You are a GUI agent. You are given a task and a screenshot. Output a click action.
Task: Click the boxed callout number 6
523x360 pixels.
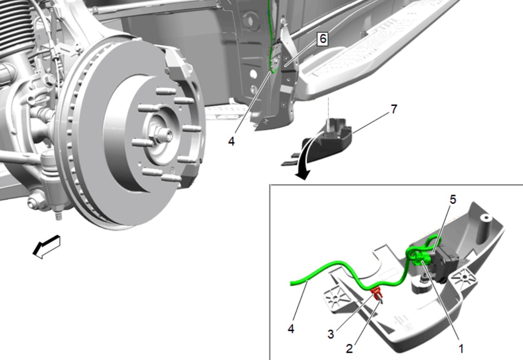323,39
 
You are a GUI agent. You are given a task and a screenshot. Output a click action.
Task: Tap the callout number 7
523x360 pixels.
394,109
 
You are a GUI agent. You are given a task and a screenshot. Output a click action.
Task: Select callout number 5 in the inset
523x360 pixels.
452,199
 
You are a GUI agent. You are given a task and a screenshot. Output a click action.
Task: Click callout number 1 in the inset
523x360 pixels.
461,349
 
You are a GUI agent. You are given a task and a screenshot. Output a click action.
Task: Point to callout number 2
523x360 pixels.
349,349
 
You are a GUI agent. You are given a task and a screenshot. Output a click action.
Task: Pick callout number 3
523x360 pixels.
331,334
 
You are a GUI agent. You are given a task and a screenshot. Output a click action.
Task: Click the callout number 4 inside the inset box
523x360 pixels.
291,329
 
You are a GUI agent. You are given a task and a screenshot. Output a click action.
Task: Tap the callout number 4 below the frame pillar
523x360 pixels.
231,141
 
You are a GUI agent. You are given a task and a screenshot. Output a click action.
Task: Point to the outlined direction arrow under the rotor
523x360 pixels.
47,247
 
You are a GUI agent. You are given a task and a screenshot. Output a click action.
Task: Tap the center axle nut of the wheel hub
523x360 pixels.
161,135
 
